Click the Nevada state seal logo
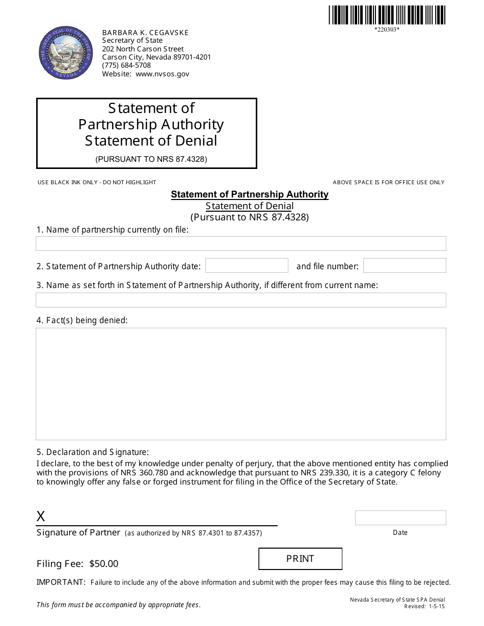click(66, 53)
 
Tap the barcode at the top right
click(387, 15)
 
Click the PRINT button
click(300, 559)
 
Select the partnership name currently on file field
click(240, 243)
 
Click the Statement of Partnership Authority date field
click(247, 266)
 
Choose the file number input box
click(404, 266)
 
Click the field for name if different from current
click(240, 300)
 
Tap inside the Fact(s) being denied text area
click(240, 384)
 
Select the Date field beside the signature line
click(400, 518)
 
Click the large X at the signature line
click(41, 517)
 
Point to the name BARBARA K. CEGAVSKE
click(145, 33)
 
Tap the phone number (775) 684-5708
click(126, 65)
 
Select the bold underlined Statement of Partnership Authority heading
click(250, 194)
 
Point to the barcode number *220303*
click(387, 30)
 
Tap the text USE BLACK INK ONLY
click(69, 182)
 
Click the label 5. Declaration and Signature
click(92, 452)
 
